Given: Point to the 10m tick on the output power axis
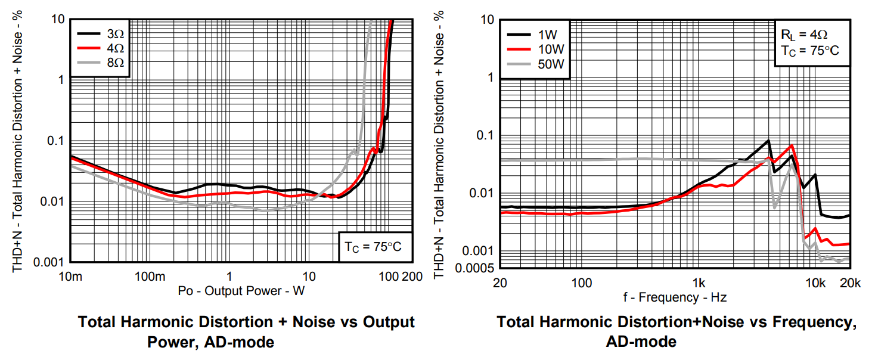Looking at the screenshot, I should (x=71, y=277).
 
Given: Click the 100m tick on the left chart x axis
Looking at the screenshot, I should (x=150, y=277).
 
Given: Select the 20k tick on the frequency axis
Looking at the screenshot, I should (x=849, y=283).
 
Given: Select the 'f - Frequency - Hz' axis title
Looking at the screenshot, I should (x=675, y=297).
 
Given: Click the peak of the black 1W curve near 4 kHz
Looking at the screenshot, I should (x=768, y=141).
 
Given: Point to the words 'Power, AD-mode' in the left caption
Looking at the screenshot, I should (x=210, y=342).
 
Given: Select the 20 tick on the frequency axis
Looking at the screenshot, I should (x=500, y=283).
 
